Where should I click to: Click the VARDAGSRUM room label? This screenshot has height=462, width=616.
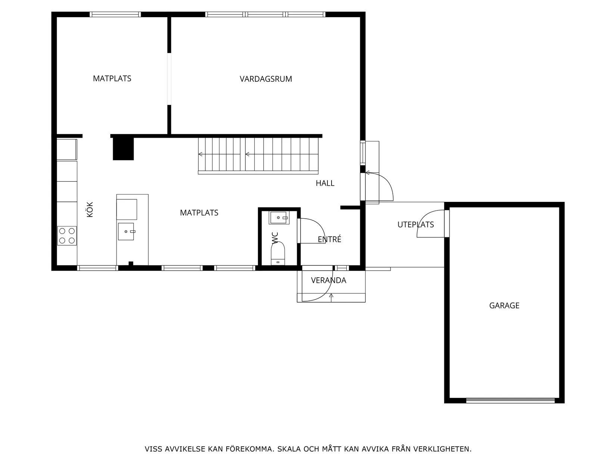click(265, 79)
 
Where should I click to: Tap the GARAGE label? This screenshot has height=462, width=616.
click(504, 306)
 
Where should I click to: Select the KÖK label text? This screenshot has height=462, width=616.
click(90, 210)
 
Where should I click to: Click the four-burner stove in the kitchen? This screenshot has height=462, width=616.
click(67, 236)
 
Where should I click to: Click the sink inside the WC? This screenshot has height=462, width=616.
click(279, 218)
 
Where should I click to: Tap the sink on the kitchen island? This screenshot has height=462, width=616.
click(126, 231)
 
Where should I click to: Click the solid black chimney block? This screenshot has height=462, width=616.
click(123, 149)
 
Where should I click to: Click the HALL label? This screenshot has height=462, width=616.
click(325, 183)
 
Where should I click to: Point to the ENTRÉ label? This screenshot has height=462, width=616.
click(329, 240)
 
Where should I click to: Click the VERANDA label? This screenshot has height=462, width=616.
click(329, 280)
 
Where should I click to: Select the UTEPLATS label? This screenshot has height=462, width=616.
click(415, 225)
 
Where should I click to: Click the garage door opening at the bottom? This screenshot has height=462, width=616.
click(510, 400)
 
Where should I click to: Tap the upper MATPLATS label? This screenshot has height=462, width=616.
click(112, 78)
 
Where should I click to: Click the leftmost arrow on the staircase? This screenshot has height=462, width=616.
click(200, 154)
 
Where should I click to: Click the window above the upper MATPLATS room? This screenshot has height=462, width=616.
click(115, 15)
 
